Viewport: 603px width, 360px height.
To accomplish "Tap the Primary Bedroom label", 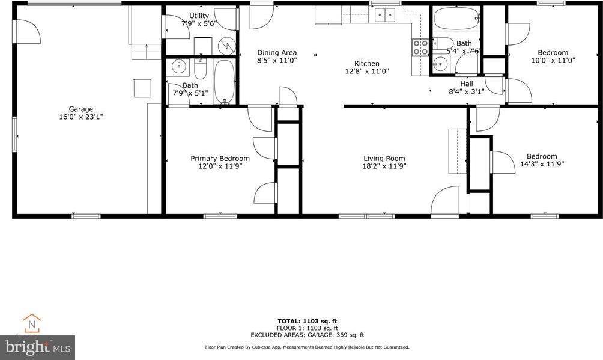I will coord(220,159).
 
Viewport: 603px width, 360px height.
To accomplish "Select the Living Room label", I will coord(384,159).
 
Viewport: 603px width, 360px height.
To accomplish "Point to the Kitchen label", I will coord(366,63).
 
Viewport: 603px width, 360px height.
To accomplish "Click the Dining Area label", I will coord(277,53).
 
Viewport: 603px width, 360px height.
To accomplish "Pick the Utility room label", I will coord(199,16).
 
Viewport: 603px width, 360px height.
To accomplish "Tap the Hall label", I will coord(467,84).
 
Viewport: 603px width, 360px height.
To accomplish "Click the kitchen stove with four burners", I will coord(420,47).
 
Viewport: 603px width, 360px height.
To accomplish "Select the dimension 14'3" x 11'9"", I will coord(542,163).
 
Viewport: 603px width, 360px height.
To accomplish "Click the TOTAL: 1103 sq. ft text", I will coord(307,321).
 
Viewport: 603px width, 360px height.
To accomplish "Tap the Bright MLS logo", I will coord(37,347).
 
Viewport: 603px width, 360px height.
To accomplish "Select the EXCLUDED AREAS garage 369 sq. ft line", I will coord(307,335).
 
